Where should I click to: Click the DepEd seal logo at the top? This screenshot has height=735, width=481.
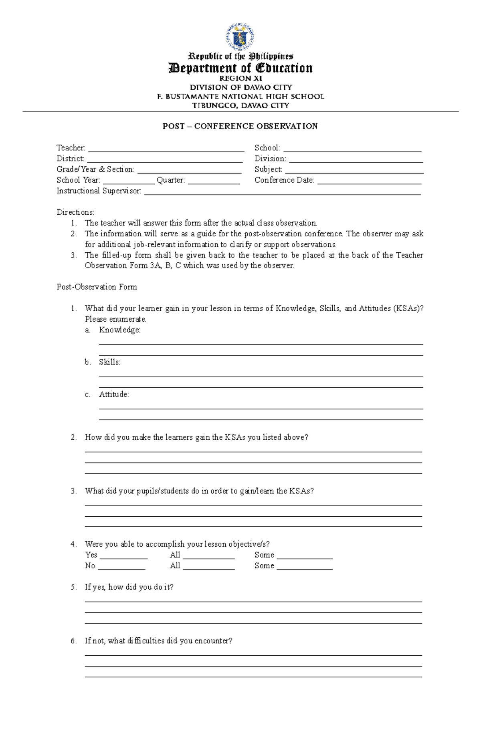pyautogui.click(x=240, y=37)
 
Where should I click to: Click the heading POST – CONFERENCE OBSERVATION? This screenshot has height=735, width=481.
pyautogui.click(x=240, y=126)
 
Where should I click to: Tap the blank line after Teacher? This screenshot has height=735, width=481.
pyautogui.click(x=166, y=149)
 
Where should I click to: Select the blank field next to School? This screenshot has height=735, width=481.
pyautogui.click(x=352, y=149)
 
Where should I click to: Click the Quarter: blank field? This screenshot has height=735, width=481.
pyautogui.click(x=214, y=181)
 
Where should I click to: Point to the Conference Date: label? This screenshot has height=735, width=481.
pyautogui.click(x=284, y=180)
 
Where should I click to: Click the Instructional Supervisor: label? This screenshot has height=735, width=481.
pyautogui.click(x=99, y=191)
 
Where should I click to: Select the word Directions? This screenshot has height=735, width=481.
pyautogui.click(x=75, y=212)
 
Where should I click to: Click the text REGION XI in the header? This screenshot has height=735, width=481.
pyautogui.click(x=240, y=79)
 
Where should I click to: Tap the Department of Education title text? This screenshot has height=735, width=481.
pyautogui.click(x=240, y=68)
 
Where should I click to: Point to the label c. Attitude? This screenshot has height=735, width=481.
pyautogui.click(x=114, y=395)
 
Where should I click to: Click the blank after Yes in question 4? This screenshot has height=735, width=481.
pyautogui.click(x=123, y=556)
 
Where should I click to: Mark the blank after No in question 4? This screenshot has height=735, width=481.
pyautogui.click(x=121, y=567)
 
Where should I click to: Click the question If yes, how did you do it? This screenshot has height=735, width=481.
pyautogui.click(x=129, y=587)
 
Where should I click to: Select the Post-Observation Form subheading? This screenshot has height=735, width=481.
pyautogui.click(x=97, y=287)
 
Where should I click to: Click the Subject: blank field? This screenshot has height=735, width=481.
pyautogui.click(x=354, y=170)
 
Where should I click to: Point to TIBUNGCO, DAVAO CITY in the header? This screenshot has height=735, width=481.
pyautogui.click(x=240, y=106)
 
